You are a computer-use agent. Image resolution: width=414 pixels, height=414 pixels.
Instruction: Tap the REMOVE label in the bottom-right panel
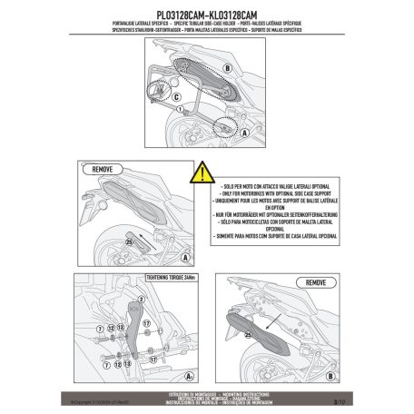(317, 282)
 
